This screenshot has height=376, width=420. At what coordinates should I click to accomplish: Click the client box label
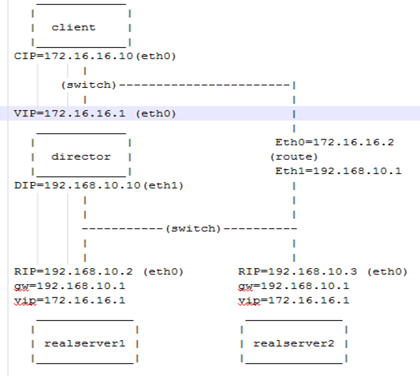click(73, 27)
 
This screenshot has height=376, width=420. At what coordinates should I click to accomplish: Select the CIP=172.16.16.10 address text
click(73, 56)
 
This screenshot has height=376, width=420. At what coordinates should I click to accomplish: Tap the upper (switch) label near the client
click(89, 85)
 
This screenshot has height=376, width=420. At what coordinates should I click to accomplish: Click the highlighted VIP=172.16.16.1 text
click(69, 113)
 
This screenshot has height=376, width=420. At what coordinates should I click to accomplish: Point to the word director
click(81, 156)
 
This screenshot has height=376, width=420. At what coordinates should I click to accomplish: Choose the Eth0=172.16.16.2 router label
click(335, 142)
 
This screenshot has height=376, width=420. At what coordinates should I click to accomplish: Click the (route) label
click(294, 156)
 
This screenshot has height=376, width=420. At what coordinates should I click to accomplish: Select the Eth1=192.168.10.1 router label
click(339, 171)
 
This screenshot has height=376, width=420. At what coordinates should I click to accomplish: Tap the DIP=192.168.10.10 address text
click(77, 185)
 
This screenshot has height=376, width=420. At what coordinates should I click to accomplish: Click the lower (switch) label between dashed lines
click(193, 228)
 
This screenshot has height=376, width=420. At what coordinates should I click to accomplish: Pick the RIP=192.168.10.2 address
click(73, 271)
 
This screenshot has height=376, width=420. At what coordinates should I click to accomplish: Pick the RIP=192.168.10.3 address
click(298, 271)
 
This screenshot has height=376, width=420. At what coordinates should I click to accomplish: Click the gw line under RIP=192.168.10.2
click(69, 286)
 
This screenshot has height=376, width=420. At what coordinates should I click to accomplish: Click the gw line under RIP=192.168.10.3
click(294, 286)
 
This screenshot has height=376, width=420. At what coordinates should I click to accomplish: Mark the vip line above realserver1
click(69, 300)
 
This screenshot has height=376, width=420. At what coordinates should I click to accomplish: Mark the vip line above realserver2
click(294, 300)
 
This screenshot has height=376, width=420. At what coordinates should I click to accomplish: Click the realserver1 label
click(85, 343)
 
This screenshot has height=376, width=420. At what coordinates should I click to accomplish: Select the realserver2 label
click(294, 343)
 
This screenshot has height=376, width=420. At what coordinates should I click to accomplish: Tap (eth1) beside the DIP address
click(163, 185)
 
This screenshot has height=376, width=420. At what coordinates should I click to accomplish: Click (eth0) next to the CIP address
click(156, 56)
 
